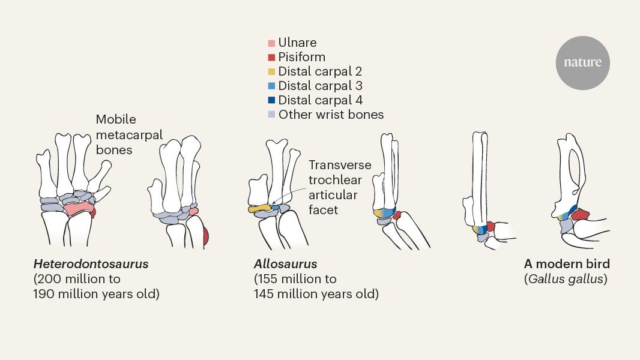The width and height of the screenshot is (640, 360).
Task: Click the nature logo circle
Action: pos(582,63)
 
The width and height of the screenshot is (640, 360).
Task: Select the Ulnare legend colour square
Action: pos(271,43)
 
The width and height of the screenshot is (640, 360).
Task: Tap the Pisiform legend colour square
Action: pos(271,58)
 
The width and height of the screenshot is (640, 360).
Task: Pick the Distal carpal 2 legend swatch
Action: pos(271,72)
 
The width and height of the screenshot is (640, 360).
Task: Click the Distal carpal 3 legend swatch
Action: pos(271,86)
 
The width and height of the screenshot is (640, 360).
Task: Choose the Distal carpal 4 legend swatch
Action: pos(271,101)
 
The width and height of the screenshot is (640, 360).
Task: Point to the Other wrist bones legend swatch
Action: pos(271,115)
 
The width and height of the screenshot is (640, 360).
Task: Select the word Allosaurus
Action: pos(285,264)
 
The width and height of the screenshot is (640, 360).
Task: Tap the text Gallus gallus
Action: pos(566,279)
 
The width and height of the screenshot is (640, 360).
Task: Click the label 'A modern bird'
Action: pos(567,264)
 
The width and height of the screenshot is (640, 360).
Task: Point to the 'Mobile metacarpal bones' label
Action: pos(129,134)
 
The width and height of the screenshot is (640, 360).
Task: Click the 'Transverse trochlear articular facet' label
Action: pos(340,187)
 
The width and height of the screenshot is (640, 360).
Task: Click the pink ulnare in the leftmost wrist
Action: pos(78,209)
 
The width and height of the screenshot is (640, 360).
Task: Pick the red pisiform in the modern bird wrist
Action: pos(582,215)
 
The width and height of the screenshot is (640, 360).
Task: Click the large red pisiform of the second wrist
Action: pos(205,235)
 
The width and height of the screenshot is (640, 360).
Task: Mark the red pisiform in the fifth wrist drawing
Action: pos(491,227)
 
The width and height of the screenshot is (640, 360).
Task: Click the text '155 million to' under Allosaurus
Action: pos(295,279)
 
